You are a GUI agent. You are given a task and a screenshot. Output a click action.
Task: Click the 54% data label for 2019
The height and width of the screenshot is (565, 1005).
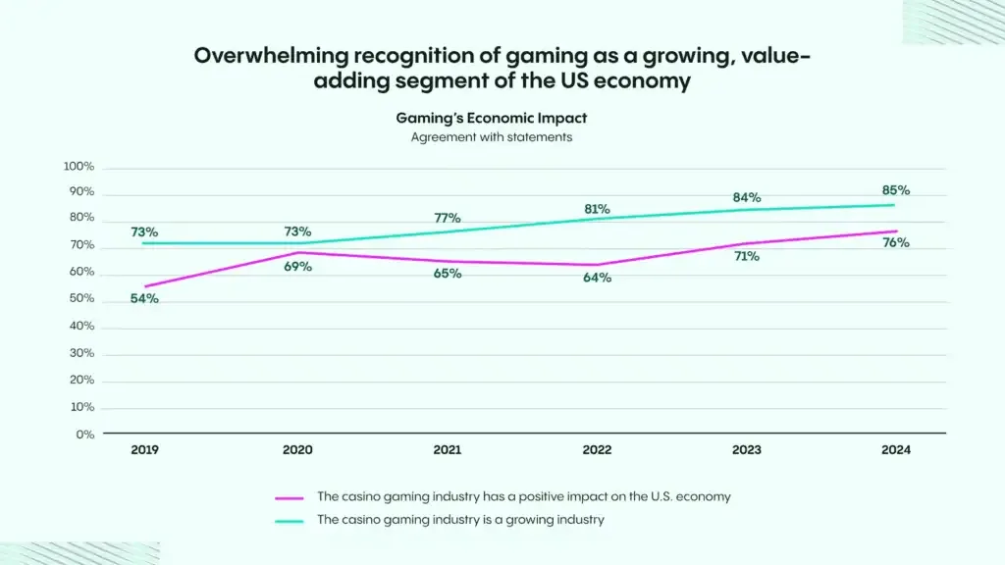(x=144, y=298)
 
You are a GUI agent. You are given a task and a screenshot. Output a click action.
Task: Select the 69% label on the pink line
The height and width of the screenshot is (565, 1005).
(x=297, y=266)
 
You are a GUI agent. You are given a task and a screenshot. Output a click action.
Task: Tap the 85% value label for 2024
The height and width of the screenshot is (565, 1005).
(x=896, y=190)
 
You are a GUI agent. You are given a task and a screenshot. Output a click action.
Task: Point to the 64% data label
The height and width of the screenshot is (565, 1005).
(x=597, y=278)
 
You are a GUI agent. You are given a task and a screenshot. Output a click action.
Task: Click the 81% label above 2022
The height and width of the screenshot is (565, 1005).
(x=597, y=209)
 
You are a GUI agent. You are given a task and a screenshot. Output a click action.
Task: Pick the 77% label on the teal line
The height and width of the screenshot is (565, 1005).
(x=448, y=218)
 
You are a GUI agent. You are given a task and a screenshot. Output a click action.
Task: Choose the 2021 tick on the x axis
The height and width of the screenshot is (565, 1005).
(x=448, y=450)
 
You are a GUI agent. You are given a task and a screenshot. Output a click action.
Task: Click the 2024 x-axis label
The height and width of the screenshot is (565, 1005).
(x=896, y=450)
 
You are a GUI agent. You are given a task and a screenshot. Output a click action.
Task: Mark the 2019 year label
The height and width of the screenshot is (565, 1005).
(x=144, y=450)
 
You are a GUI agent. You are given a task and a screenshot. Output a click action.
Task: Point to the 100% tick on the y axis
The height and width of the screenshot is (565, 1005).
(x=79, y=167)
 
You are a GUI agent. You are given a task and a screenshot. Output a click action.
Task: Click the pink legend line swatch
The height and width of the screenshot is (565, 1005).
(x=291, y=497)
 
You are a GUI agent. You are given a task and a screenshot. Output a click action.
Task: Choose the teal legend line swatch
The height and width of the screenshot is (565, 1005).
(x=291, y=521)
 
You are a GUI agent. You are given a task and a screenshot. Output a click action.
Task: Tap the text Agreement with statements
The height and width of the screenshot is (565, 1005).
(x=491, y=137)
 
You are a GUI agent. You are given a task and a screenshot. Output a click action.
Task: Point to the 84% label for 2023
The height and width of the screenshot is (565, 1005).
(x=746, y=198)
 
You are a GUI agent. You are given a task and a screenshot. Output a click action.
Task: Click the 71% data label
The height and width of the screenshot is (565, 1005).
(x=746, y=257)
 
